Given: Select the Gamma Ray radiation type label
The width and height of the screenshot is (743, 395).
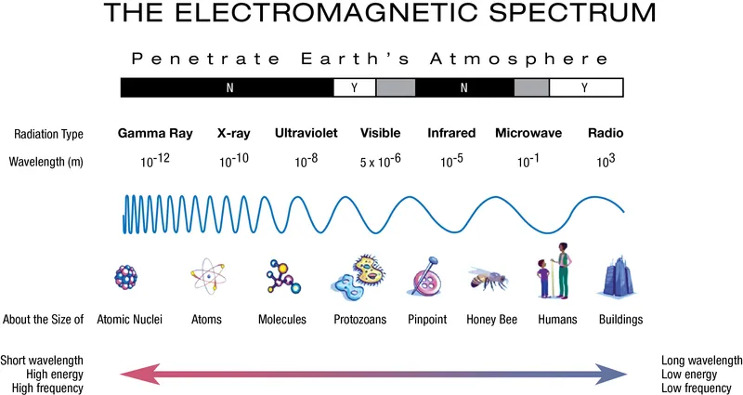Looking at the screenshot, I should [155, 133].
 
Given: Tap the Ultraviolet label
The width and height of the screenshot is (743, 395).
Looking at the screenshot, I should [306, 133].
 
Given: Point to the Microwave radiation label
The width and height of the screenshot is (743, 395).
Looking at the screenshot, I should [528, 133].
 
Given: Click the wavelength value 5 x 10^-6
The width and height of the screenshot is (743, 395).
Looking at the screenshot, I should [380, 161].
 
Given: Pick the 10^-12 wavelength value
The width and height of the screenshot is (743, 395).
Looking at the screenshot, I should [155, 161].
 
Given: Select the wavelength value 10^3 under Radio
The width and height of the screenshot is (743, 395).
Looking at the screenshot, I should [606, 160].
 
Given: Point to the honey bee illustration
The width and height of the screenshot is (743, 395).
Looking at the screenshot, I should [487, 278].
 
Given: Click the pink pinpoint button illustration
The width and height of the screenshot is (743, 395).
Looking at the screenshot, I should [423, 278].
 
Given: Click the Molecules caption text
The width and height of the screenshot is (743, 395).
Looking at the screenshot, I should [282, 320].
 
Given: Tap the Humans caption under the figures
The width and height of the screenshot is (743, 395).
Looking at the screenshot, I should [557, 320].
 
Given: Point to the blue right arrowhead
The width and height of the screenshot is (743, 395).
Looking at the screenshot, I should [614, 374].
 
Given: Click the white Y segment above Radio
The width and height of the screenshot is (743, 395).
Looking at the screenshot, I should [586, 88].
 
